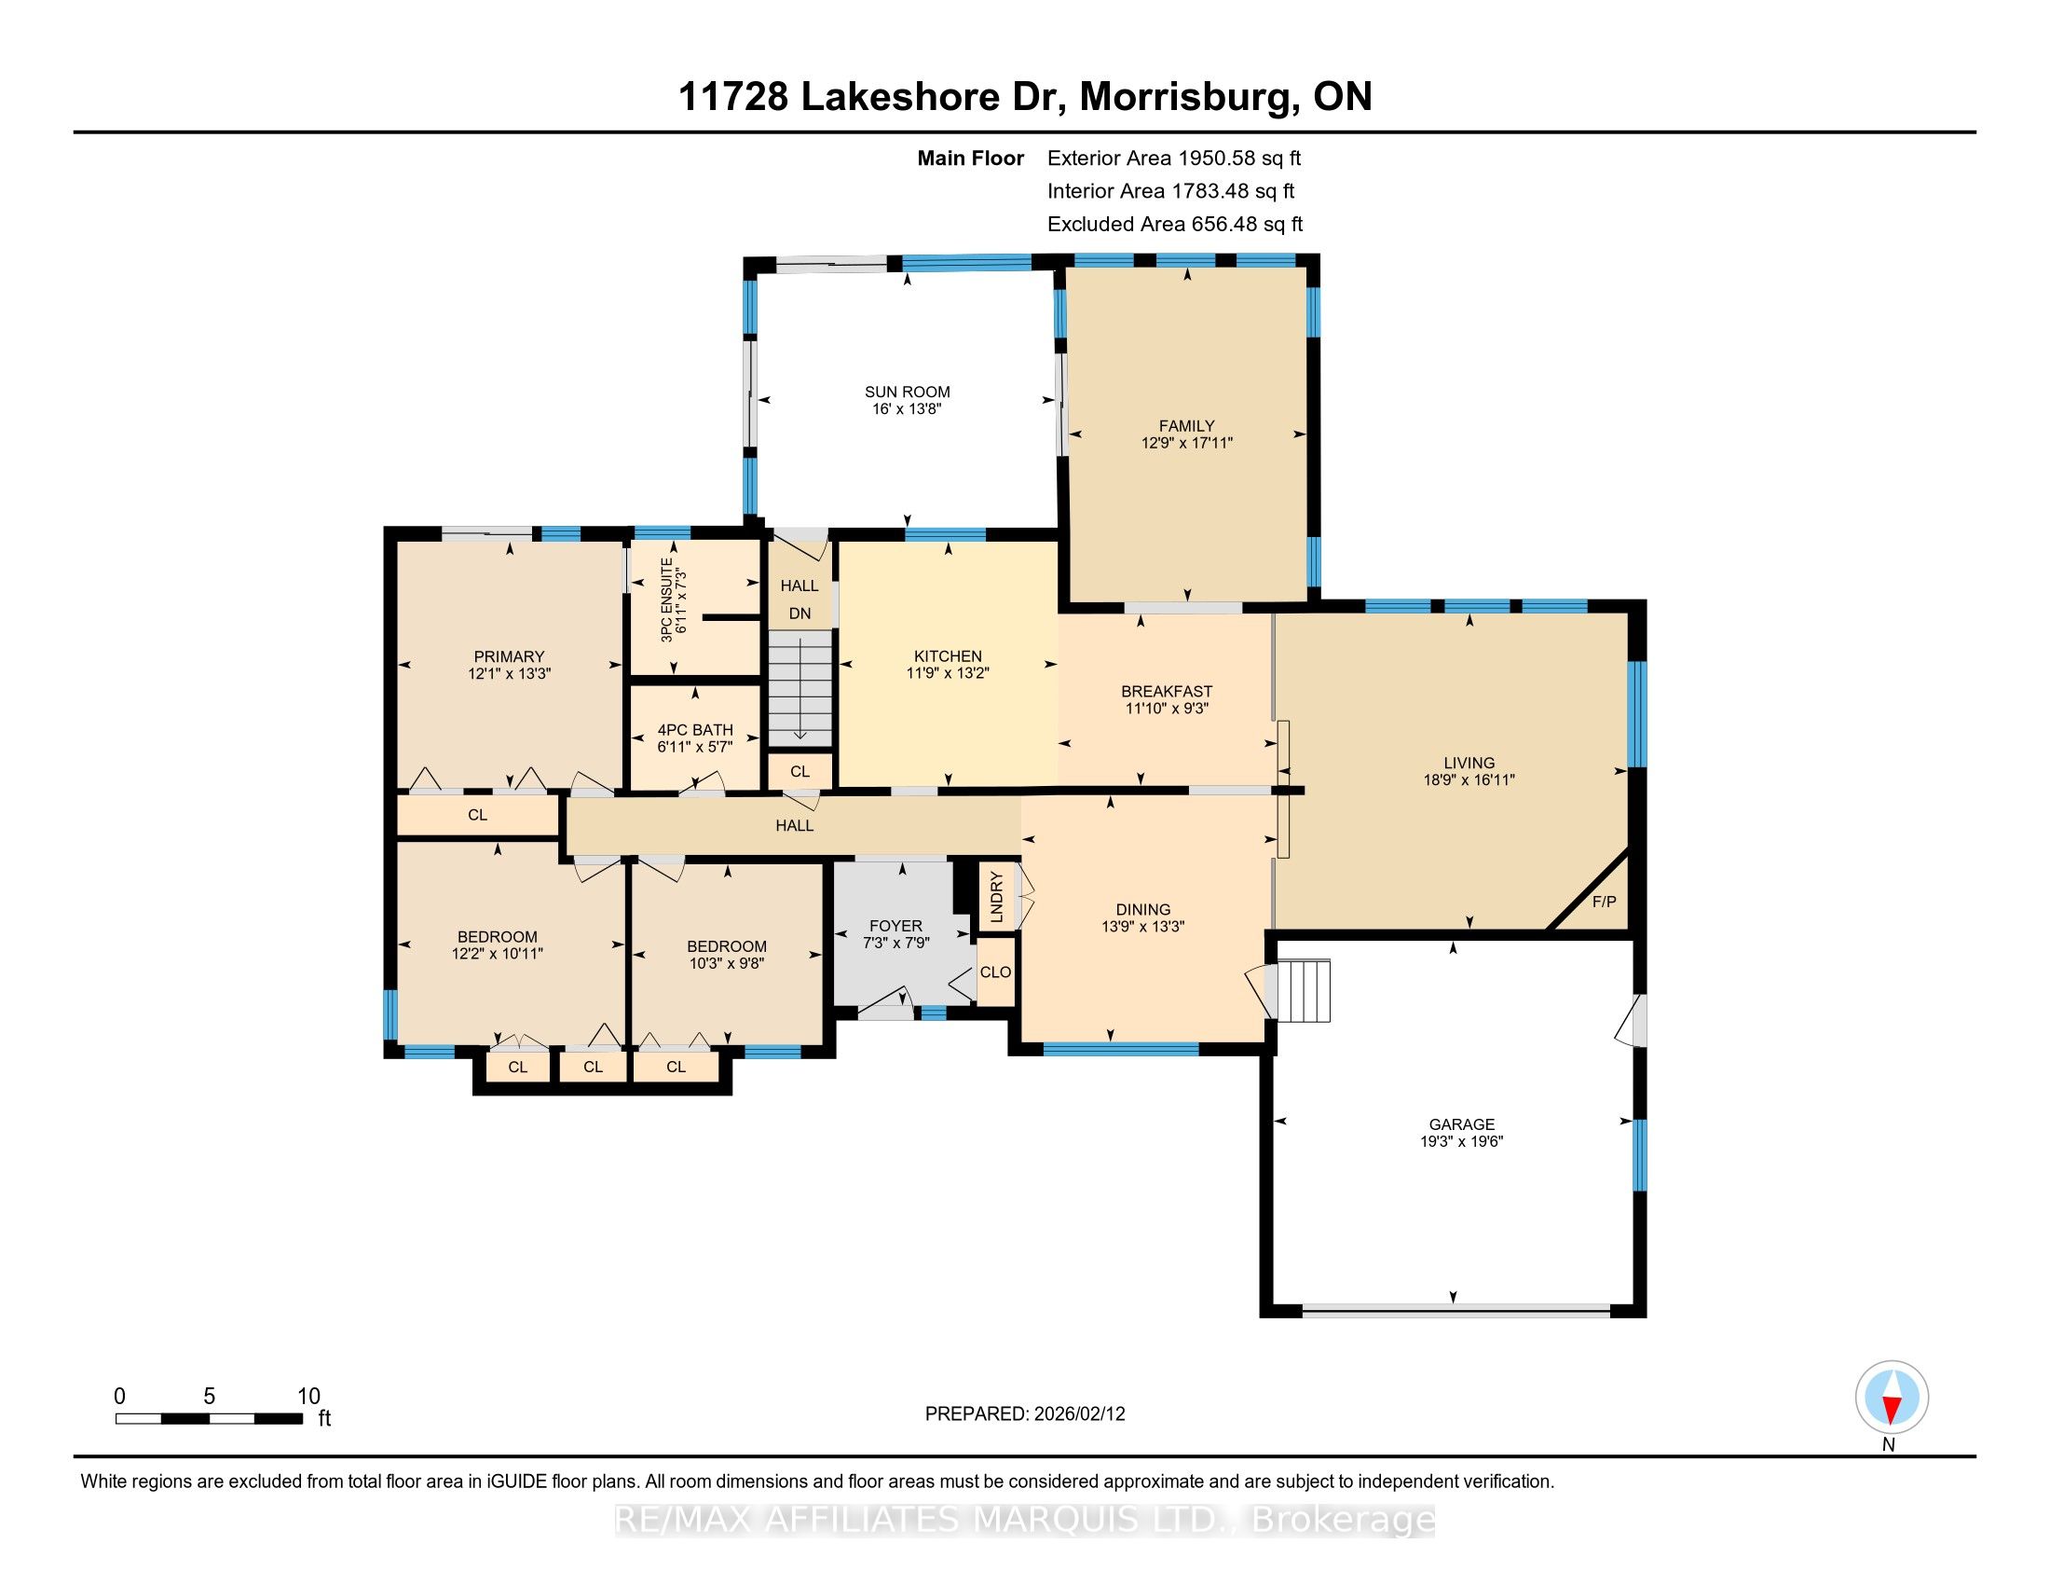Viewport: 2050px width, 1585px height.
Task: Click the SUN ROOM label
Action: pos(907,392)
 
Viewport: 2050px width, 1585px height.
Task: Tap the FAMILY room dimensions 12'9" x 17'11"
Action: pos(1186,443)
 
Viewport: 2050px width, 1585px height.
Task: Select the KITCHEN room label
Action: pos(948,656)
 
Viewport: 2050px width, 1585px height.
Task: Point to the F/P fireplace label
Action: pos(1605,902)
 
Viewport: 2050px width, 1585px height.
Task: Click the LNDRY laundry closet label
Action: pos(997,896)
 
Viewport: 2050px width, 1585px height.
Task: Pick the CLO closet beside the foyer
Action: pos(995,972)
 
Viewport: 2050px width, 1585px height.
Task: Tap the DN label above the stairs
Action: pos(799,614)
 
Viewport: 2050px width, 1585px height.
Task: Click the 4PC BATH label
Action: pos(694,730)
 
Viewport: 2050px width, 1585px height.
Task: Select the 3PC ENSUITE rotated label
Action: pos(666,600)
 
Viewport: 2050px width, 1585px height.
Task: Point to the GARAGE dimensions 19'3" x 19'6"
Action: pos(1461,1142)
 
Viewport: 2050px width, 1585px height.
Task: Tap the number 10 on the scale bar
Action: pos(307,1397)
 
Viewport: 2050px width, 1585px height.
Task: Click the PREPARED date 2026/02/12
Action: pos(1077,1414)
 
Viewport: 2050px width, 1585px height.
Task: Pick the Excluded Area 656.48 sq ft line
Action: pos(1174,224)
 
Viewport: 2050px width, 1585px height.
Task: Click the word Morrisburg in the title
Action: pos(1183,96)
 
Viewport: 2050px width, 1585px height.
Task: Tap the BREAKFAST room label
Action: pos(1167,691)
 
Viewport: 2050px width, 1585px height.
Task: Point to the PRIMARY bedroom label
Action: pos(509,656)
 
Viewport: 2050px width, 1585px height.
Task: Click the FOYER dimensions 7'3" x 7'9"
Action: pos(895,943)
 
